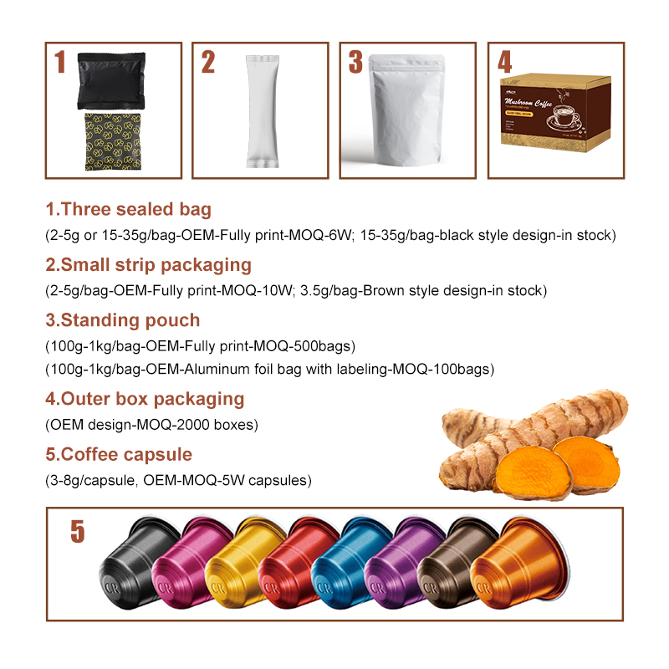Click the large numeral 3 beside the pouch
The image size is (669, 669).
356,64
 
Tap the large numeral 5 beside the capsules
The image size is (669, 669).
77,532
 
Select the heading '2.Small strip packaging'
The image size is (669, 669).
148,265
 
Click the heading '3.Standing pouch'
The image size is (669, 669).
122,320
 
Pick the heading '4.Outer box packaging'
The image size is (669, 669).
144,399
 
